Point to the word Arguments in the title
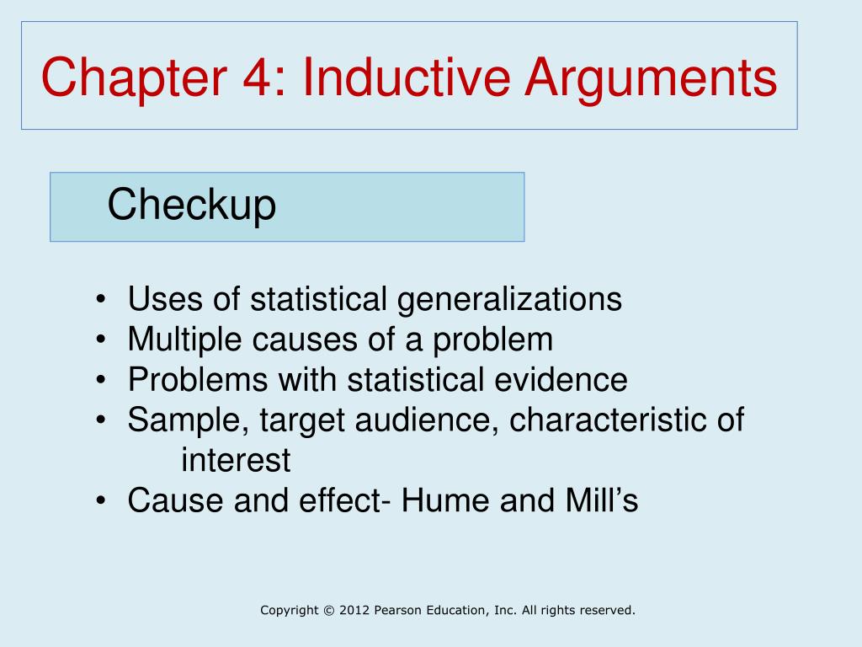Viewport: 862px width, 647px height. coord(652,78)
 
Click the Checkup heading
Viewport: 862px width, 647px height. coord(192,206)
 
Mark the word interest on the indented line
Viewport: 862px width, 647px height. coord(236,461)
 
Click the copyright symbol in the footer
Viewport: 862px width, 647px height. coord(327,610)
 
